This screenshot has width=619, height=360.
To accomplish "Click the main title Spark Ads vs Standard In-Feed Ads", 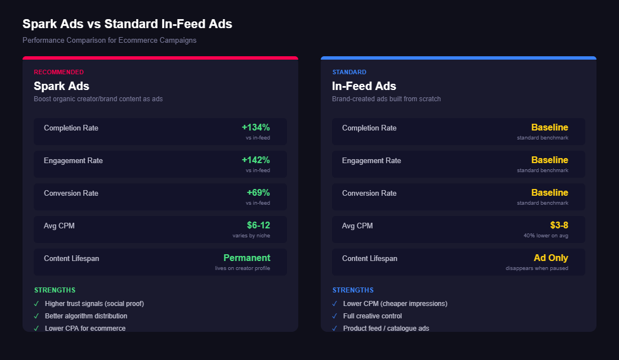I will click(127, 24).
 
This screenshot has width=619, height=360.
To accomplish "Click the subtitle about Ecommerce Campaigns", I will click(109, 40).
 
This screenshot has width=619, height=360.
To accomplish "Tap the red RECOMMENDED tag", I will click(59, 72).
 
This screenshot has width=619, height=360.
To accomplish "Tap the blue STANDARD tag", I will click(349, 72).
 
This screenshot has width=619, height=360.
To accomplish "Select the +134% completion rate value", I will click(255, 128).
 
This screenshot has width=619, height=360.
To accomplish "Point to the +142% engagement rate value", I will click(255, 160).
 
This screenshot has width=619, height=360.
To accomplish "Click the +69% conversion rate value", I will click(258, 193).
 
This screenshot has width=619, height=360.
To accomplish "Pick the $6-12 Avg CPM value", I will click(258, 226).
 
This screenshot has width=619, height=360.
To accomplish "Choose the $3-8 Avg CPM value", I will click(559, 226).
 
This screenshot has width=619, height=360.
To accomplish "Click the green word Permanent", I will click(246, 258).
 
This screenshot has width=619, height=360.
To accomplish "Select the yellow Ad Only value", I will click(550, 258).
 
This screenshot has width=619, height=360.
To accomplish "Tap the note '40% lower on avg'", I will click(545, 236).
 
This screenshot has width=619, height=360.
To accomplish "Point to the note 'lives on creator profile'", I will click(242, 268).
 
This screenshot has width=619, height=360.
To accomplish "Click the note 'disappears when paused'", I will click(536, 268).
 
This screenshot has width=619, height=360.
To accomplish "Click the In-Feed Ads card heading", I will click(364, 86).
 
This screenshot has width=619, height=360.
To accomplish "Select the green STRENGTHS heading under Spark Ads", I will click(55, 290).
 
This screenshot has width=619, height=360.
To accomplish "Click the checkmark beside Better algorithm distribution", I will click(37, 316).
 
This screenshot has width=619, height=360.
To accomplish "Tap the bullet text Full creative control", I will click(372, 316).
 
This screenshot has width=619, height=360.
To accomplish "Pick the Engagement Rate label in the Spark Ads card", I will click(73, 161).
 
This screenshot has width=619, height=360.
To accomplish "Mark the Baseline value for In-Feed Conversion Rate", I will click(549, 193).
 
